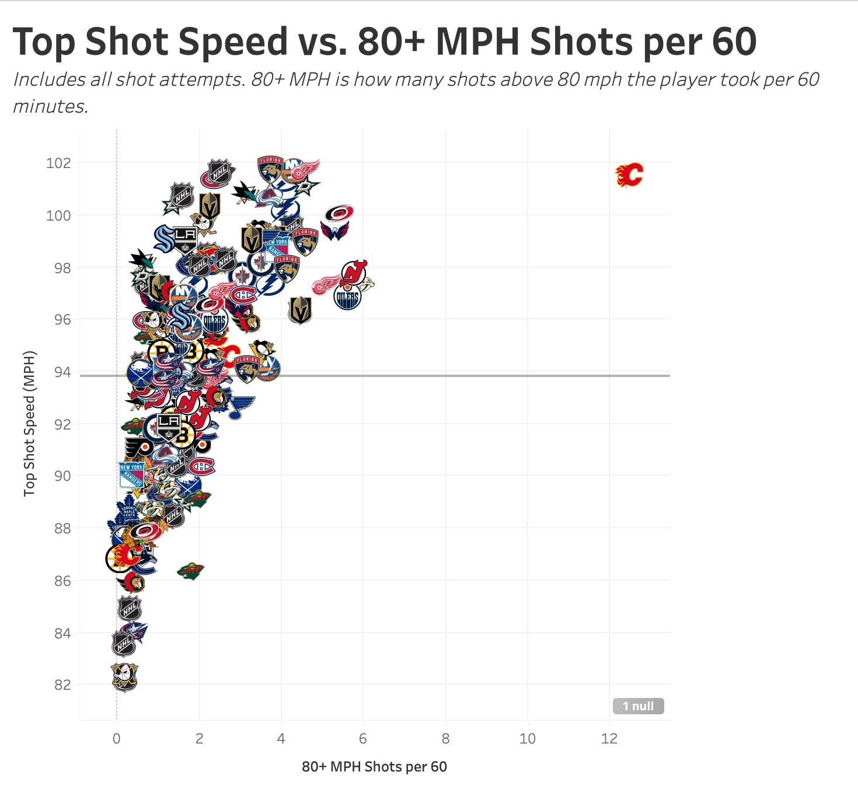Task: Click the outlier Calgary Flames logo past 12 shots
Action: (x=629, y=174)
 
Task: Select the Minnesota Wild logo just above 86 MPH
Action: (x=190, y=571)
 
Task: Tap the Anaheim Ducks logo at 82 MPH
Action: (x=124, y=677)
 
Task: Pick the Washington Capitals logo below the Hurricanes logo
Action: (x=334, y=231)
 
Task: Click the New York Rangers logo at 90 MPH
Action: (x=131, y=475)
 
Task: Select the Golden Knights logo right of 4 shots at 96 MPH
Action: (x=300, y=310)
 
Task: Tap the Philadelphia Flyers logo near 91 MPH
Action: (x=138, y=448)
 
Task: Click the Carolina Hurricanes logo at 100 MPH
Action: (x=339, y=213)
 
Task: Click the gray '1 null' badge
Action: (x=638, y=706)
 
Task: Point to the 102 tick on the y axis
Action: (x=58, y=163)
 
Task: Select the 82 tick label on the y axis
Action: (x=62, y=685)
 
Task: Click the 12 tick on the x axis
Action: (x=609, y=739)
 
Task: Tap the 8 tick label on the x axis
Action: (x=445, y=739)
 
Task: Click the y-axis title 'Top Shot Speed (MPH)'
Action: (x=30, y=424)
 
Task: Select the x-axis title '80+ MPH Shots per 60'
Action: (x=374, y=766)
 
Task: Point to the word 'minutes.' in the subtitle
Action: (x=51, y=106)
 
